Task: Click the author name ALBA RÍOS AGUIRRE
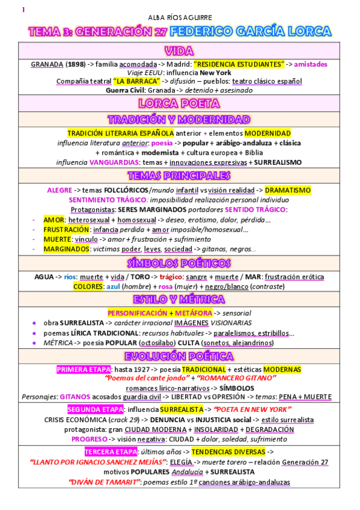pos(180,17)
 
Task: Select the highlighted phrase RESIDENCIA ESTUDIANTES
pos(239,64)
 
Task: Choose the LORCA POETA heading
pos(180,103)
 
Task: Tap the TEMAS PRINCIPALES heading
pos(180,176)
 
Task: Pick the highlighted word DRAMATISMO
pos(288,190)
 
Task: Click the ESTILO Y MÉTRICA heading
pos(180,300)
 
